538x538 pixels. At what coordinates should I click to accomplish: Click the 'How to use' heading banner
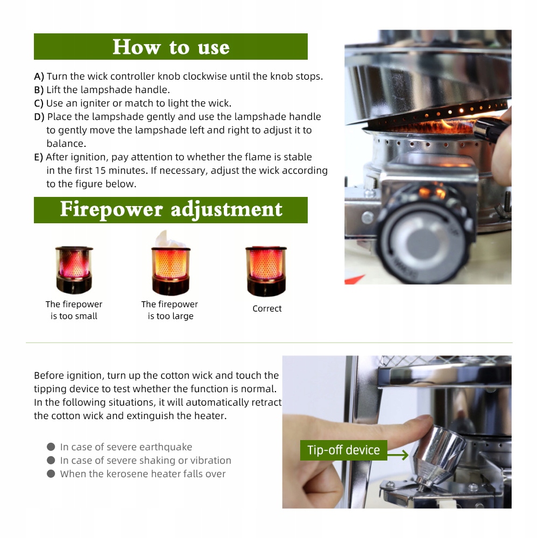(x=171, y=46)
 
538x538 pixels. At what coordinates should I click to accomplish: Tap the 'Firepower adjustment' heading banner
(x=171, y=210)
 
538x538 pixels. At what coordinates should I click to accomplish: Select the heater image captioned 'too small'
(x=74, y=270)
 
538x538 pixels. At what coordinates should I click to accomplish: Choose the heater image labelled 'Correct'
(x=266, y=271)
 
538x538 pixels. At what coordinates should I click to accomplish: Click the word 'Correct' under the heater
(x=267, y=308)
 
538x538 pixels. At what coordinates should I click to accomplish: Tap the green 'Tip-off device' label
(x=343, y=450)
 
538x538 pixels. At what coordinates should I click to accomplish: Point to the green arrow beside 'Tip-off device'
(x=398, y=455)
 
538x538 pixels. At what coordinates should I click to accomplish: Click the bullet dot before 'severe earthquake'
(x=51, y=447)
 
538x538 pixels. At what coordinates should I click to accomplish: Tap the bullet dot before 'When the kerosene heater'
(x=51, y=473)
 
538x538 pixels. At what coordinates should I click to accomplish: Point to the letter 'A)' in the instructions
(x=39, y=76)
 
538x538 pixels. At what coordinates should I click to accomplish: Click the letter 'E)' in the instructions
(x=38, y=157)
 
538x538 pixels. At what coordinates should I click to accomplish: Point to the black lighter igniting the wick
(x=487, y=129)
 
